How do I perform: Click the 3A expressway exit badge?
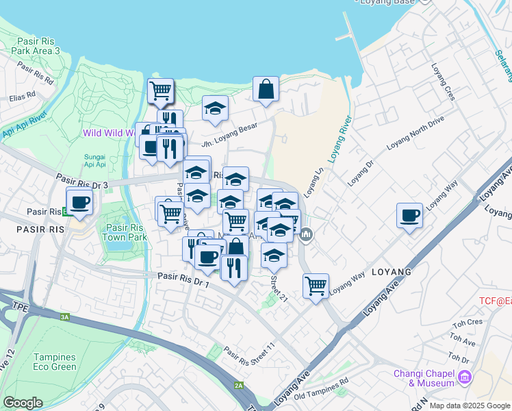click(65, 317)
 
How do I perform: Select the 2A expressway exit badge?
click(239, 386)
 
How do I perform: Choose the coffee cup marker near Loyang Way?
click(409, 216)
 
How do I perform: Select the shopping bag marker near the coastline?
click(266, 89)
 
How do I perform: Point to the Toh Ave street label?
click(463, 339)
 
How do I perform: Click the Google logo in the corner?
click(23, 403)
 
